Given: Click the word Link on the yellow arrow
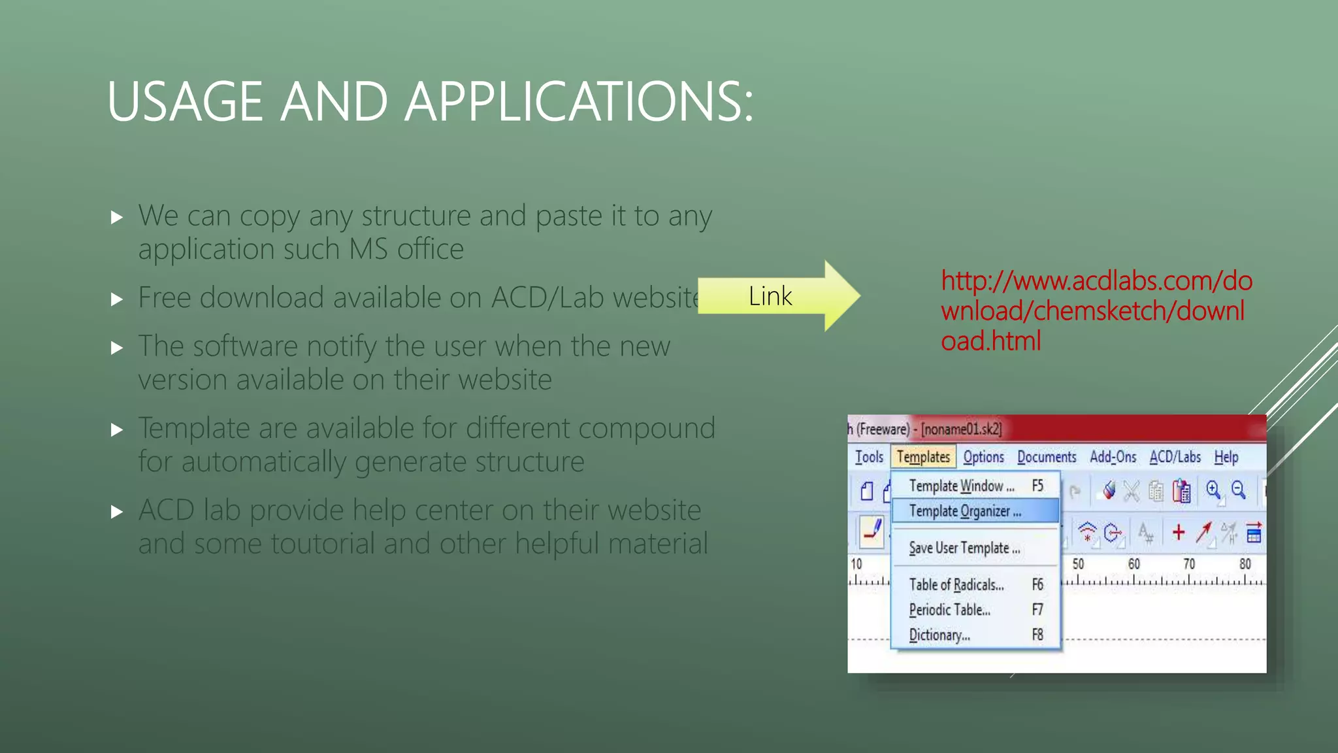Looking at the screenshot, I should [x=770, y=297].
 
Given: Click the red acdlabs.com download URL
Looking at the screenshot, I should [x=1096, y=310].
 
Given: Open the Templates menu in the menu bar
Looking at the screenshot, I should [x=922, y=457].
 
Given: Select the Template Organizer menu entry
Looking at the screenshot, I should [x=965, y=511].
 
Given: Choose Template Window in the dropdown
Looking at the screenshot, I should [x=961, y=486].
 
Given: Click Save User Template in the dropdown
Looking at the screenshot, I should [x=964, y=548].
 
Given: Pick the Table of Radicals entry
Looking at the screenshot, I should [x=956, y=584].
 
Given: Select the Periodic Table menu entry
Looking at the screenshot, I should [x=949, y=610].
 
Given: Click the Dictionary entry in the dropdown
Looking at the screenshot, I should [x=939, y=635].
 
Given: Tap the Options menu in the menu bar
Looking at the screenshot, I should [x=983, y=457].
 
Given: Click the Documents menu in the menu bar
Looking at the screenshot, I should [x=1046, y=457].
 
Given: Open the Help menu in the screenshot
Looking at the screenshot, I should [x=1226, y=457].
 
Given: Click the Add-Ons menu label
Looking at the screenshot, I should [x=1113, y=457].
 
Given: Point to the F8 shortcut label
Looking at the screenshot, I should [x=1037, y=635].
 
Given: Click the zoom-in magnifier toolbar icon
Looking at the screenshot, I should [x=1213, y=490].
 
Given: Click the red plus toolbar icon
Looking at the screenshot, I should [x=1179, y=533].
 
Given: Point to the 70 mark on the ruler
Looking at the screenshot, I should [x=1189, y=563].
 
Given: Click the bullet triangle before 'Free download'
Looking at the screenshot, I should [x=117, y=299].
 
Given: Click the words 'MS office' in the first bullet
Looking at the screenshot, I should [x=406, y=250].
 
